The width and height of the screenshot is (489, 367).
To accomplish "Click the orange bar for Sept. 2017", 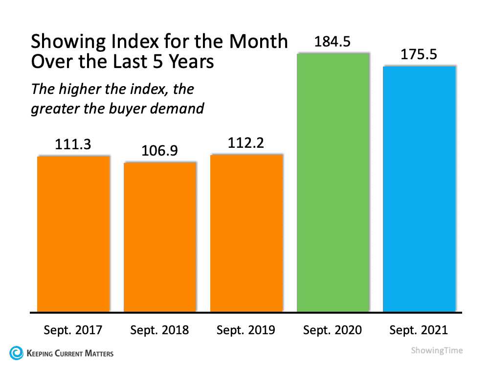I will click(x=73, y=233).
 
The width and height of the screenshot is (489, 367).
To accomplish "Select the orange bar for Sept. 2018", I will click(x=160, y=237).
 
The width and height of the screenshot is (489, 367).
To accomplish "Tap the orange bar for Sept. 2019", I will click(x=246, y=233).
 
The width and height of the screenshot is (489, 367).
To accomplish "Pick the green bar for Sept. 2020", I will click(x=333, y=182).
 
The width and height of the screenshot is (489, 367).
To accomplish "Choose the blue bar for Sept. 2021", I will click(x=419, y=188).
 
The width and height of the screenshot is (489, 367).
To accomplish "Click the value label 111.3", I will click(x=73, y=145).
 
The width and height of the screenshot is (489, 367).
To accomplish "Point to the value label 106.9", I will click(x=160, y=152).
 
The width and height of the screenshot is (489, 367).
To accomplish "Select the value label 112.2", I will click(x=246, y=144).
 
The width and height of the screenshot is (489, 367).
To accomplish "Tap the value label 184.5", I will click(x=333, y=42).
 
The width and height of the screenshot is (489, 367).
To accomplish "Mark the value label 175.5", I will click(x=419, y=54).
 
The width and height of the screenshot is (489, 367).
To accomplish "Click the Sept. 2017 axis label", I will click(x=73, y=330).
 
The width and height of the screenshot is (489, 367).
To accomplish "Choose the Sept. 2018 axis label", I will click(x=160, y=330).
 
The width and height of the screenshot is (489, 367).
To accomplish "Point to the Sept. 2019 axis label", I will click(x=246, y=330).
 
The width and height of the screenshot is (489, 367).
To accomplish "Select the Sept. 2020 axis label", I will click(x=333, y=330).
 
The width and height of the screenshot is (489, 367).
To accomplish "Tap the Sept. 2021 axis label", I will click(x=419, y=330).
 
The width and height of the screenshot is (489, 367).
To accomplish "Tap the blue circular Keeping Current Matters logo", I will click(x=16, y=352).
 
